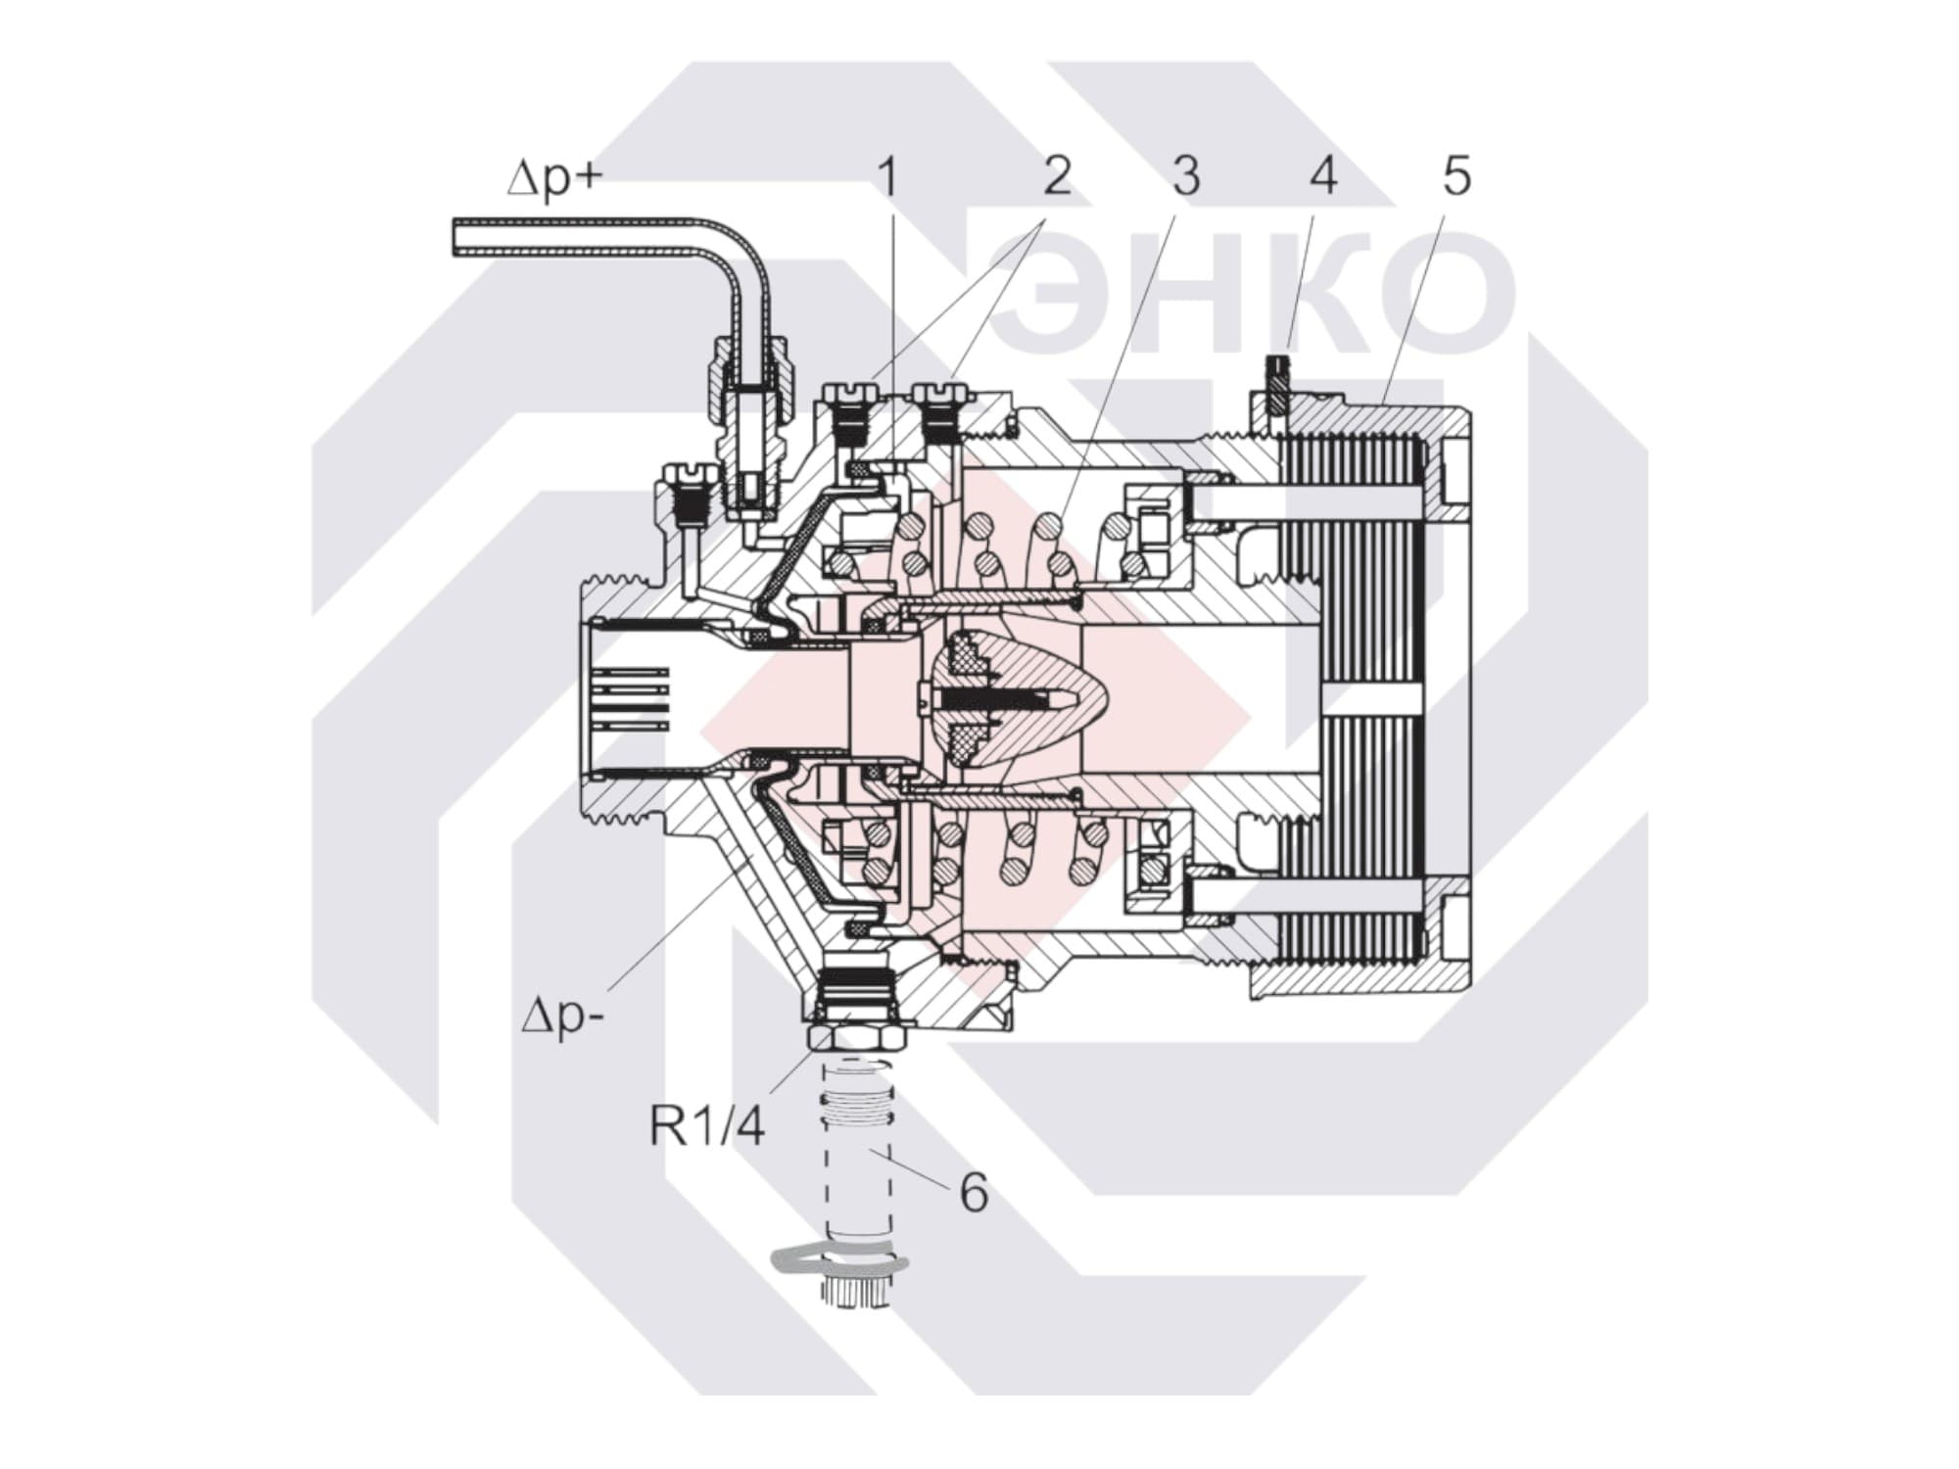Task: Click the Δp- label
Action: (561, 1019)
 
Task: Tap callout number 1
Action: (888, 177)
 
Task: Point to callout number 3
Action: (1185, 177)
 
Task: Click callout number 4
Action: (1323, 177)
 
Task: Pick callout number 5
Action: (1457, 177)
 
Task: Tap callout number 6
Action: (973, 1192)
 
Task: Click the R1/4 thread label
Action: (706, 1126)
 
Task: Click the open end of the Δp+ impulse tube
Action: (457, 238)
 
